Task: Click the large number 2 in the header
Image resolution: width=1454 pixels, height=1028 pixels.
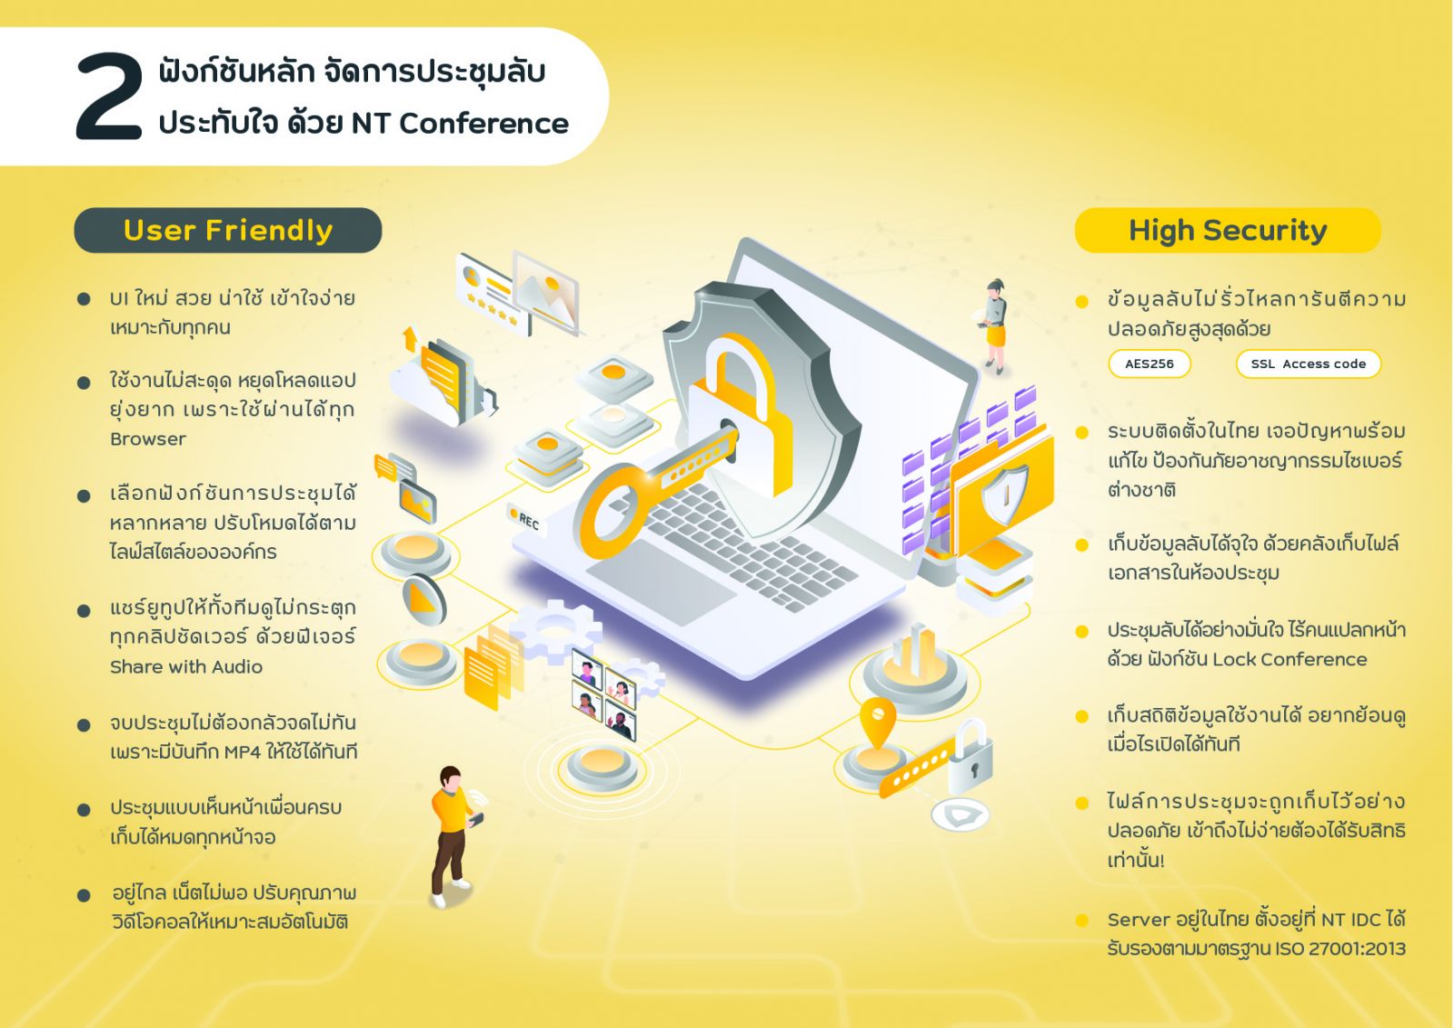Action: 109,96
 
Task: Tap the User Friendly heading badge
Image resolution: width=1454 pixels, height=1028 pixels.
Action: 228,231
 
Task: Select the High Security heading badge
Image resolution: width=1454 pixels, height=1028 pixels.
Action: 1228,231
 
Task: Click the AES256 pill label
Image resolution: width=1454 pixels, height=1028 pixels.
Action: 1149,364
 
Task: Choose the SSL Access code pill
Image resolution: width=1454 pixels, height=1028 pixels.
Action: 1308,364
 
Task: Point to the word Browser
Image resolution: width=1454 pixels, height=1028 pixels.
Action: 148,439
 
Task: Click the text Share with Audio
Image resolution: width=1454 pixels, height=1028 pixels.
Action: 186,667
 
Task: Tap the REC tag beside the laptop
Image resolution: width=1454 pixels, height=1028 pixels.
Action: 526,521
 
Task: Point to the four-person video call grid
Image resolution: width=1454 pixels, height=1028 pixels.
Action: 603,694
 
